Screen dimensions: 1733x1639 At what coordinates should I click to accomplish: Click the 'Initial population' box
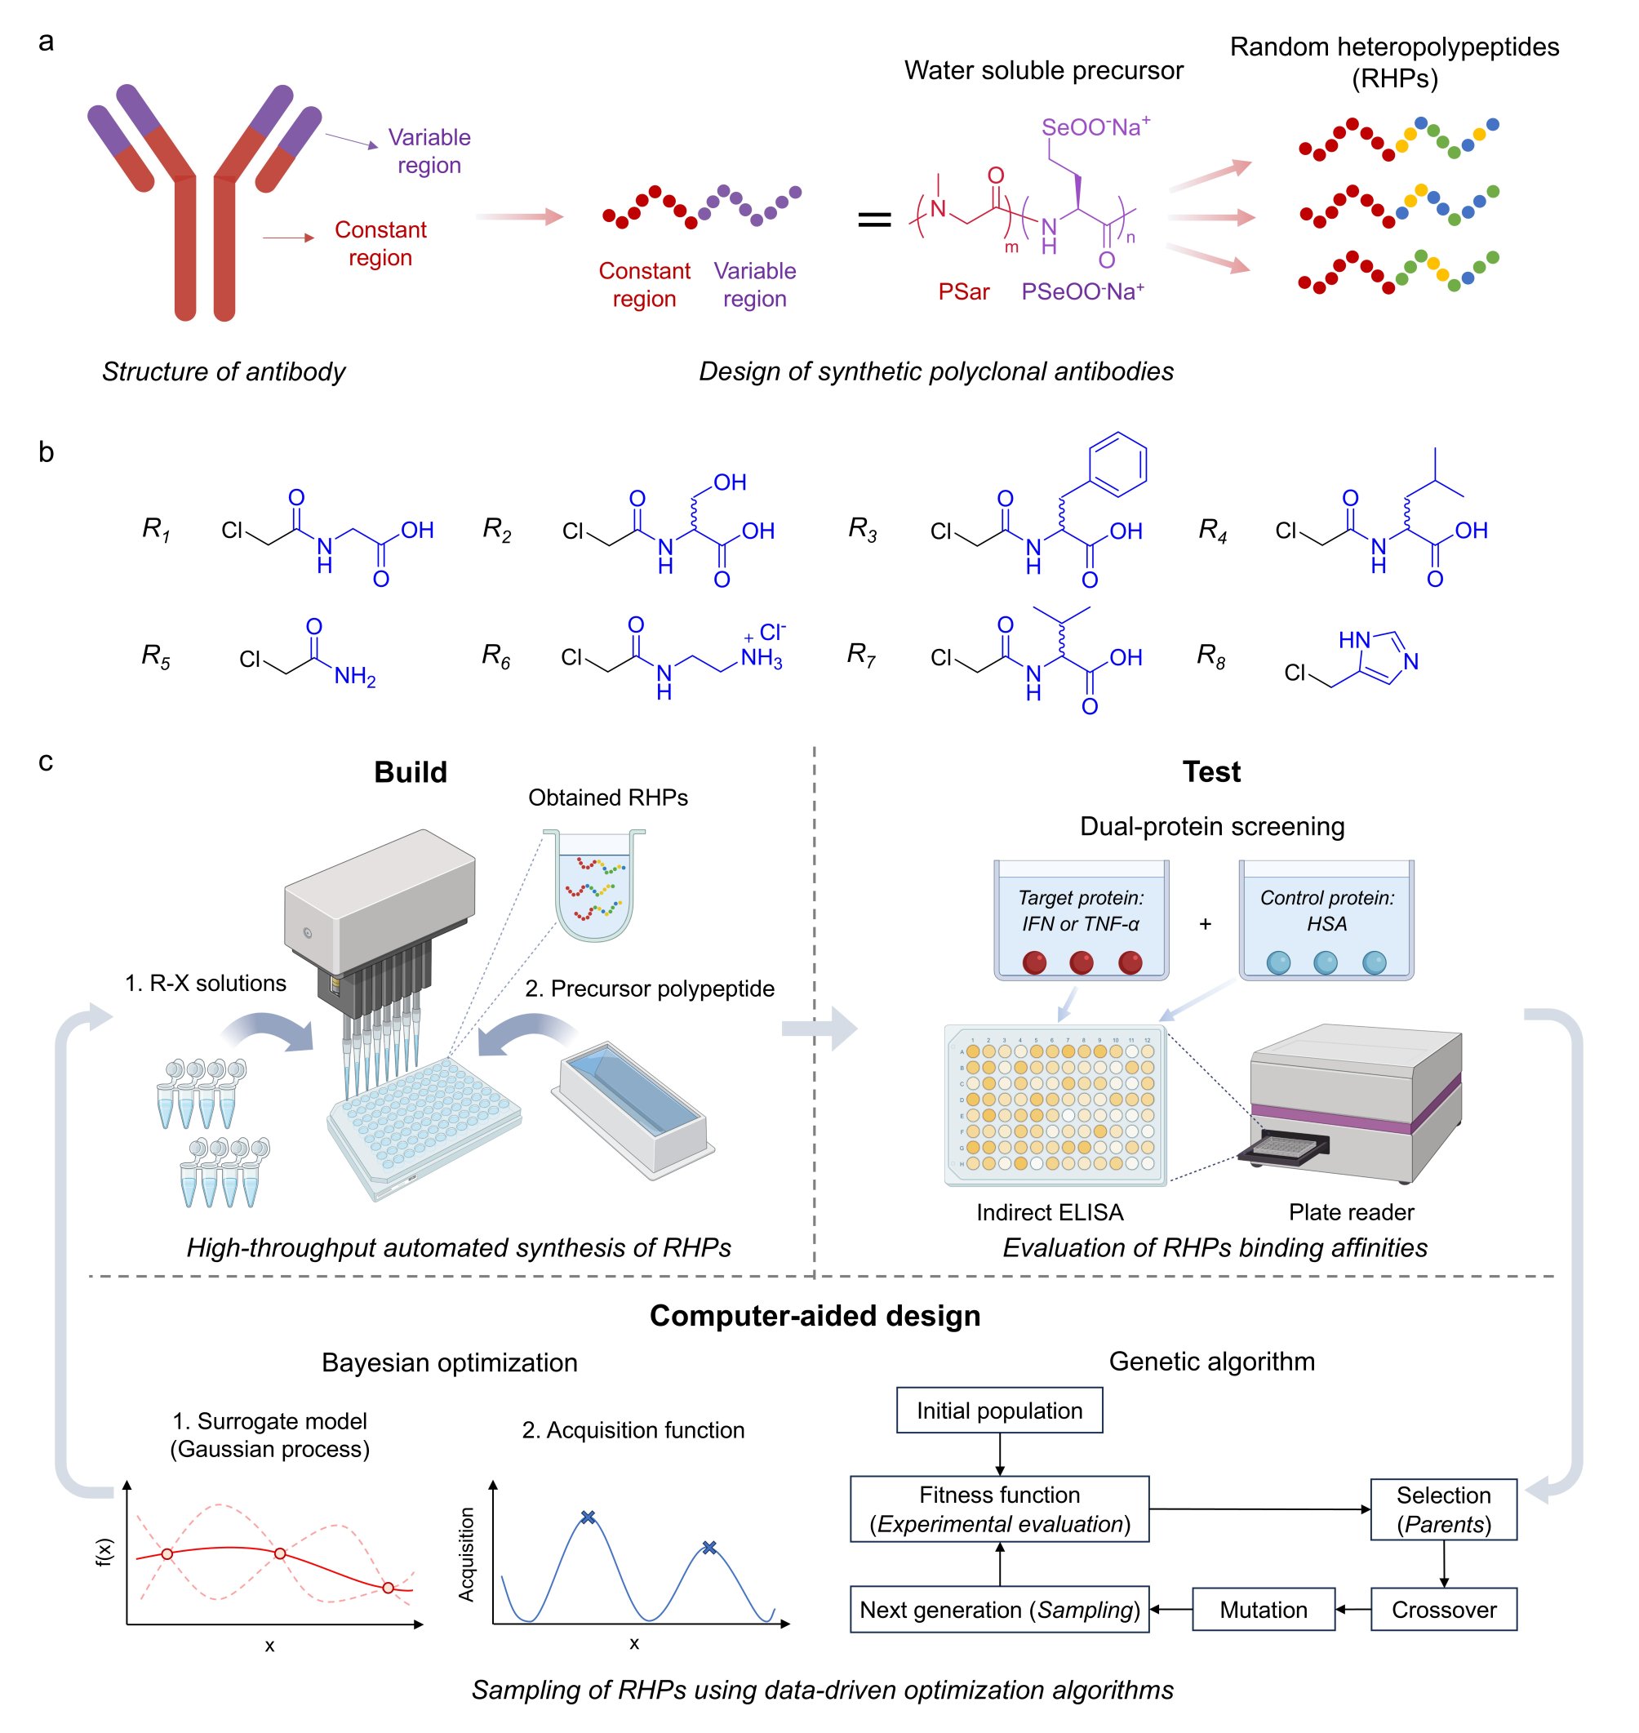[x=998, y=1411]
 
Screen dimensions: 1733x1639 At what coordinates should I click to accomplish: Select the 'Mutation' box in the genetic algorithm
[x=1264, y=1610]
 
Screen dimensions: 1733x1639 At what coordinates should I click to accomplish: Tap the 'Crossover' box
[x=1443, y=1610]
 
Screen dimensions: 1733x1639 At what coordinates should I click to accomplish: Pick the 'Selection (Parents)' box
[x=1443, y=1509]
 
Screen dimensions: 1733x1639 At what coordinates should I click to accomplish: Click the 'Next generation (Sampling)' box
[x=999, y=1610]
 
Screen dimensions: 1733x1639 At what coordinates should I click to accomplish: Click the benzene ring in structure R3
[x=1117, y=463]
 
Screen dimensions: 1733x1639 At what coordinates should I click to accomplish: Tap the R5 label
[x=156, y=655]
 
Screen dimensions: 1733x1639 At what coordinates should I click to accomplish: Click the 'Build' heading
[x=410, y=771]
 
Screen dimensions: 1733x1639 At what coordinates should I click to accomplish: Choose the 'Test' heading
[x=1211, y=771]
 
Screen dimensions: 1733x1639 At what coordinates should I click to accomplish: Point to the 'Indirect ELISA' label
[x=1050, y=1212]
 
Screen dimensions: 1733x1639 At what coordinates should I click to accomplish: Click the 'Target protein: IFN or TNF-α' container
[x=1081, y=919]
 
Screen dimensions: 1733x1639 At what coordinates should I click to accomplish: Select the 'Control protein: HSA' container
[x=1326, y=919]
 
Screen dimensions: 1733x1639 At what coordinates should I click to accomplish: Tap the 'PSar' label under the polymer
[x=964, y=292]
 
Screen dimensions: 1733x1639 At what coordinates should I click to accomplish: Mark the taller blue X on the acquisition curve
[x=588, y=1518]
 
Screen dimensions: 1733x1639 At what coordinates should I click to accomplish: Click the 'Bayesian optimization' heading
[x=449, y=1362]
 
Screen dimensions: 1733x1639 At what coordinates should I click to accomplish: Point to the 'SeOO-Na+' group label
[x=1095, y=127]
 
